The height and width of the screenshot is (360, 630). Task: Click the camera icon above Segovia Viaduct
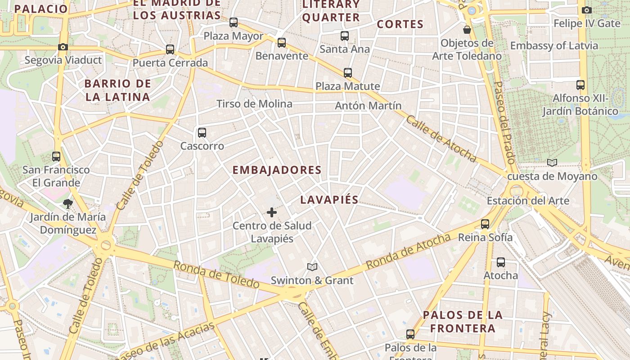pos(63,47)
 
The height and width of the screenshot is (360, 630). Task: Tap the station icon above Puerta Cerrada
pos(170,49)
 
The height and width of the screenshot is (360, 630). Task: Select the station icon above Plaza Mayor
pos(233,22)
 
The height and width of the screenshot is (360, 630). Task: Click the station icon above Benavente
pos(282,43)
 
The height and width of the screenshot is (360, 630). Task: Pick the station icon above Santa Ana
pos(345,36)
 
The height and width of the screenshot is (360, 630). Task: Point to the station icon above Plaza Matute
pos(347,73)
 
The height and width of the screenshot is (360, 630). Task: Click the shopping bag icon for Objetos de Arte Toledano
pos(467,30)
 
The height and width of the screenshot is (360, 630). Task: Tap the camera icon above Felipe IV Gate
pos(586,10)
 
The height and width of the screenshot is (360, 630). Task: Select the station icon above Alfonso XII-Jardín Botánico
pos(580,85)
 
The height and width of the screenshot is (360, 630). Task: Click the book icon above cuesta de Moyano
pos(552,163)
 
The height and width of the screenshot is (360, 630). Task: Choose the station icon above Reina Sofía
pos(485,224)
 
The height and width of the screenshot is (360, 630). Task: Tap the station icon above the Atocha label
pos(500,262)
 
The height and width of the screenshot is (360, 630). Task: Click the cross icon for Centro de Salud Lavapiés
pos(272,212)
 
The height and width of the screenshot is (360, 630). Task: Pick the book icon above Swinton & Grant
pos(312,267)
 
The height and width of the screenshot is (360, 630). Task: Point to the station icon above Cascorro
pos(202,133)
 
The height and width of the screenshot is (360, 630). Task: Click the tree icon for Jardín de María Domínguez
pos(68,204)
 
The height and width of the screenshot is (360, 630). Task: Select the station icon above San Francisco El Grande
pos(56,157)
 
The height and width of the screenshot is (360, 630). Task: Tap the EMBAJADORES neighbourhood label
pos(277,170)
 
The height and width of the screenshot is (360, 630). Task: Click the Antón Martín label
pos(368,106)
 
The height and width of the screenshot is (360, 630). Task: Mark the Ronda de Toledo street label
pos(216,274)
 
